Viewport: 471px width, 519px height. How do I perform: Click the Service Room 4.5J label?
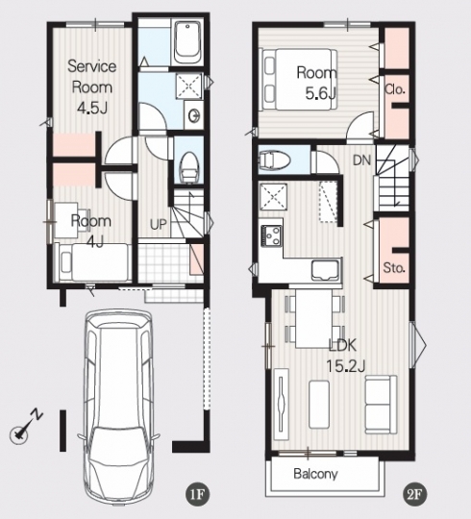click(91, 86)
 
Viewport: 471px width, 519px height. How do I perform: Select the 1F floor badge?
click(197, 495)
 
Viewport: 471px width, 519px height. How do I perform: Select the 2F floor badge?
click(414, 495)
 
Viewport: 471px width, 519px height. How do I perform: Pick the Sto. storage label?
click(394, 267)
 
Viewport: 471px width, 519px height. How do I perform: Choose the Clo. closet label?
click(395, 89)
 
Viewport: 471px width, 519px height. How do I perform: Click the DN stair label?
click(361, 161)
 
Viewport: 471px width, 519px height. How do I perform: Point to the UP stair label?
click(158, 225)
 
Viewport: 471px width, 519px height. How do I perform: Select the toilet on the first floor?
click(188, 167)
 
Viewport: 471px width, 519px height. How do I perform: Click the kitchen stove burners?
click(271, 235)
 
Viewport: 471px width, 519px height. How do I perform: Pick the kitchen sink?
click(325, 270)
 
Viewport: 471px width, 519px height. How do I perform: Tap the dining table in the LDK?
click(313, 319)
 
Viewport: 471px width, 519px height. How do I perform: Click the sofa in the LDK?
click(381, 405)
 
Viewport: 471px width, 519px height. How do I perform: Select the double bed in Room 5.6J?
click(300, 80)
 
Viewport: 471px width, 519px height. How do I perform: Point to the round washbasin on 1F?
click(193, 115)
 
